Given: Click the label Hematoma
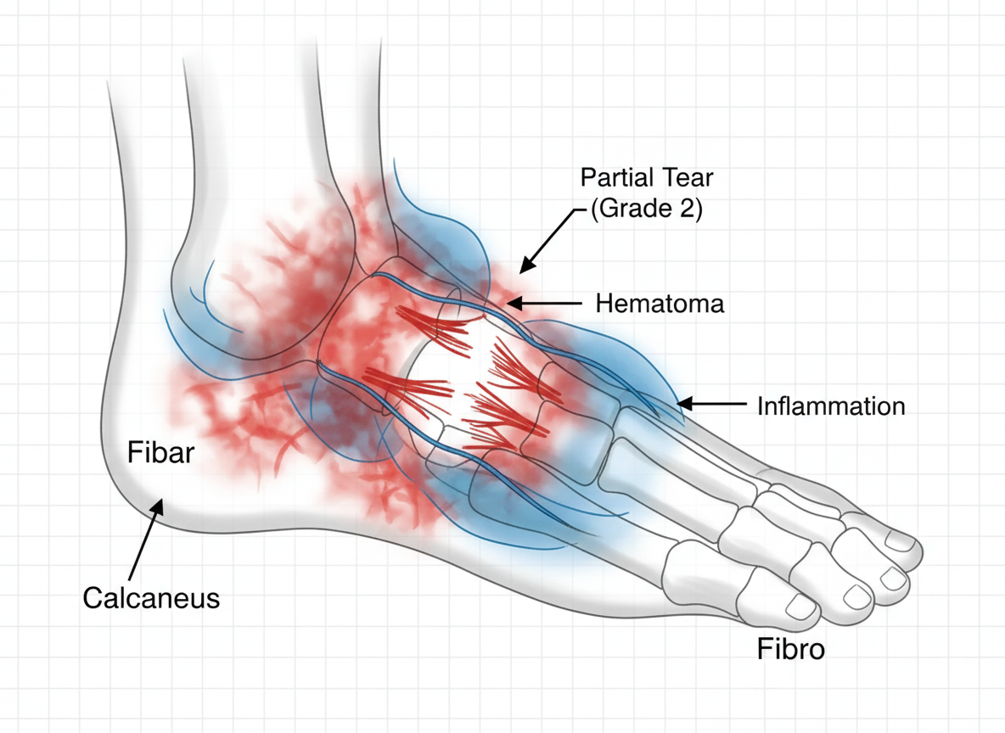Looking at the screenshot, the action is click(660, 303).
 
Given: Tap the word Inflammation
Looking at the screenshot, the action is click(830, 406).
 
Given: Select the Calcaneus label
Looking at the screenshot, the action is click(151, 598).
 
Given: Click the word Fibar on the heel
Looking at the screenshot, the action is click(161, 453).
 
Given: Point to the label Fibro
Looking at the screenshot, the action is click(790, 650).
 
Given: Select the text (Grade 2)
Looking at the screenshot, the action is click(647, 209).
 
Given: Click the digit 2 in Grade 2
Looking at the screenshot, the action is click(689, 209).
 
